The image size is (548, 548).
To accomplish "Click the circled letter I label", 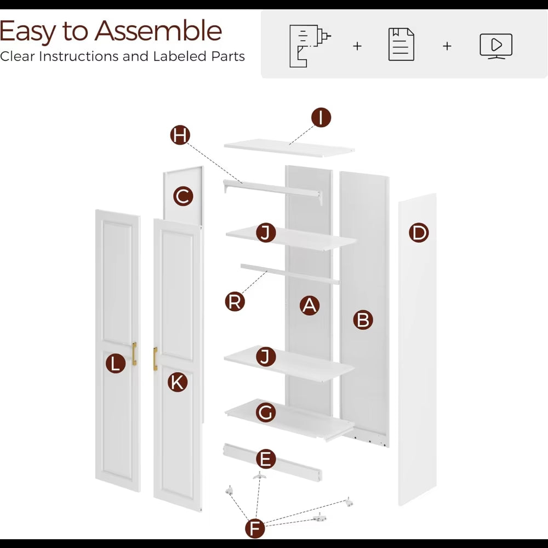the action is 321,117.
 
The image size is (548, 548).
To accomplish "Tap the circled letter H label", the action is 180,135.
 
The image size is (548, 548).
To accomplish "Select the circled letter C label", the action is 183,196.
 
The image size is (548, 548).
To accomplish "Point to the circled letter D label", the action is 419,233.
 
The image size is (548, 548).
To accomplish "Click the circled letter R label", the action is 235,301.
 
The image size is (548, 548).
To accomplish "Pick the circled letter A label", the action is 310,305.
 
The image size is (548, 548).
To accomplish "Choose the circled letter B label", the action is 363,320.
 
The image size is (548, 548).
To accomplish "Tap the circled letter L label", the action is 116,363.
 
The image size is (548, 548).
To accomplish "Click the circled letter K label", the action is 178,382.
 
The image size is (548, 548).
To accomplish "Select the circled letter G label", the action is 266,413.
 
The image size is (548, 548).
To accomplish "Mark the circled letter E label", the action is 266,459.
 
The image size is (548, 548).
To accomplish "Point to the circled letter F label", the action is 255,528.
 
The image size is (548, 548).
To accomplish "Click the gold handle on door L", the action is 134,353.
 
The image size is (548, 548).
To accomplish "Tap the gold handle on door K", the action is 155,358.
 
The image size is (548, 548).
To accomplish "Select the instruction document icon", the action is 401,45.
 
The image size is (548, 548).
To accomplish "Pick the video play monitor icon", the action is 496,46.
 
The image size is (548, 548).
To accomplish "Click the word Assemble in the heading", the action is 158,31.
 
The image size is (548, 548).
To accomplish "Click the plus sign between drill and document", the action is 357,46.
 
